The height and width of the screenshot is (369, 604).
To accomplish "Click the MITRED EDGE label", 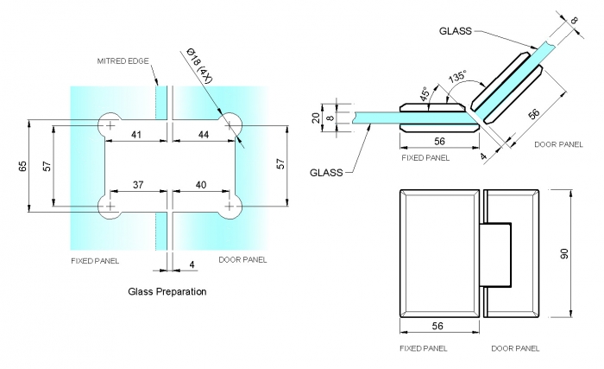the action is (x=123, y=61).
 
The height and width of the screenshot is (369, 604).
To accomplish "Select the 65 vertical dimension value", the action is (x=22, y=167).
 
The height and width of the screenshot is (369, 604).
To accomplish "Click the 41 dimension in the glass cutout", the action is (x=136, y=135).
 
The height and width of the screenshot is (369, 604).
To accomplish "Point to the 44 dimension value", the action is (x=204, y=135).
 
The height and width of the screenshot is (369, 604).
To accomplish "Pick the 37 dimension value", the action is (x=138, y=185).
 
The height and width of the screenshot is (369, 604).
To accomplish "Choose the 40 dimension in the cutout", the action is (x=201, y=185).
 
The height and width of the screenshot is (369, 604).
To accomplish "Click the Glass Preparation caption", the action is (x=167, y=291).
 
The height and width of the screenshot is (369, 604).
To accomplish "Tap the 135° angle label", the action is (x=457, y=76).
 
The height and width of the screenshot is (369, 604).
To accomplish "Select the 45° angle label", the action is (x=425, y=94).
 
